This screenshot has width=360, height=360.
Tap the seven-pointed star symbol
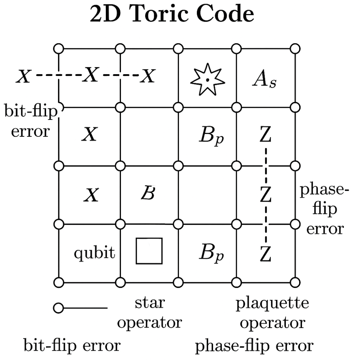[207, 79]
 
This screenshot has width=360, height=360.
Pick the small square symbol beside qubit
[149, 251]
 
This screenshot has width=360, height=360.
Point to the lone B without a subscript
[148, 194]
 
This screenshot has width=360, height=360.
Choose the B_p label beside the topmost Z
[212, 136]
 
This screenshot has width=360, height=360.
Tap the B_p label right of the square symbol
[212, 253]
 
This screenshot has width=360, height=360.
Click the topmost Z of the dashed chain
[265, 135]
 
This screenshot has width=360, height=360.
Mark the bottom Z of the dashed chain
[265, 253]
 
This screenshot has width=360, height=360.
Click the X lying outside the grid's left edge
[24, 77]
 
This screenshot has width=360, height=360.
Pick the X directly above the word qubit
[91, 195]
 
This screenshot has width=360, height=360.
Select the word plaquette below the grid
[272, 303]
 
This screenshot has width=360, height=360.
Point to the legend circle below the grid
[58, 308]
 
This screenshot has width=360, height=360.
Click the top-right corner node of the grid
[295, 48]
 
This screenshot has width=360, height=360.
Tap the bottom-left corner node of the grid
[58, 282]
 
